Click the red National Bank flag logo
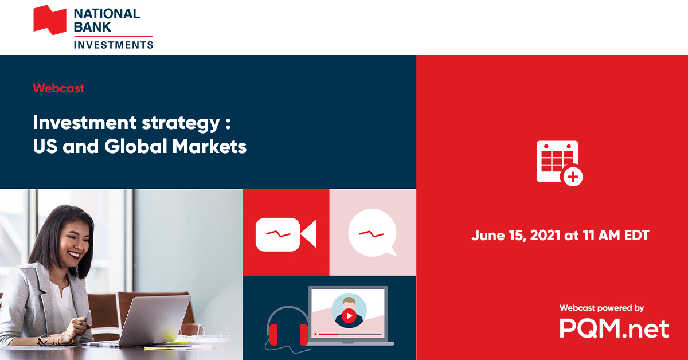click(50, 20)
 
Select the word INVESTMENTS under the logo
click(114, 45)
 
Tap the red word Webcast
click(58, 88)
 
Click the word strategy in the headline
click(181, 123)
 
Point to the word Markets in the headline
click(209, 146)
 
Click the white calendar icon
click(560, 163)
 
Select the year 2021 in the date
click(545, 236)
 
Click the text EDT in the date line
click(636, 236)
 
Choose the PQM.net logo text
click(614, 328)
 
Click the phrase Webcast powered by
click(601, 308)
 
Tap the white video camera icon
click(286, 234)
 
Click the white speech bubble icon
click(373, 233)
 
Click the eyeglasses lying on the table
click(55, 341)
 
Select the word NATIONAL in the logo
click(107, 14)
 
